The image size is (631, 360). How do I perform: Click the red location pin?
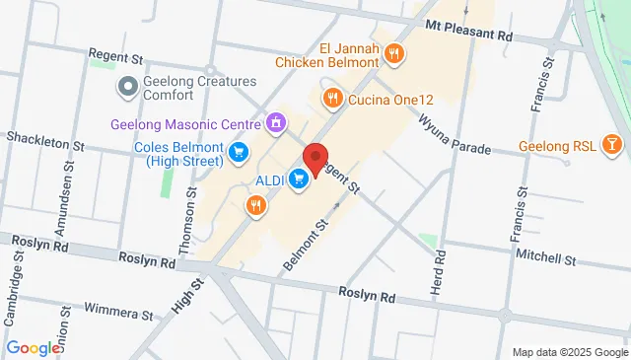pos(315,161)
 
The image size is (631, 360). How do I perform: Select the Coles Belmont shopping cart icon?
pos(239,151)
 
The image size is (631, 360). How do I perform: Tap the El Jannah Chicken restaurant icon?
pos(394,54)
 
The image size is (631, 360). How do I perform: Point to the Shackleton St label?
pos(45,143)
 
